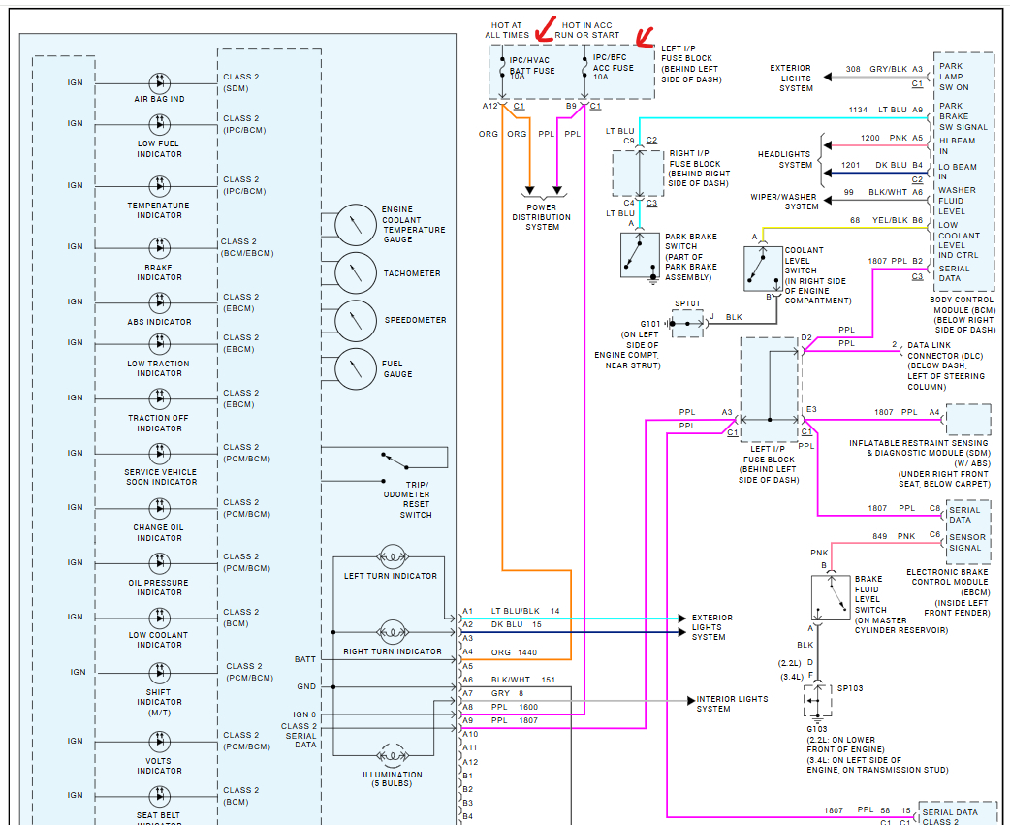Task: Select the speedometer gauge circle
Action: [356, 321]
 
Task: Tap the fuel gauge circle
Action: [356, 369]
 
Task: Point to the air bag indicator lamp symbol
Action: [160, 83]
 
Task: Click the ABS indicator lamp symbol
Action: [160, 302]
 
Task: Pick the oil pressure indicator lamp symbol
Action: [160, 563]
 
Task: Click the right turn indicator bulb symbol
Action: [392, 632]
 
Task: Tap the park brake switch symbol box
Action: [640, 255]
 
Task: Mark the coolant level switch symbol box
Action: [763, 268]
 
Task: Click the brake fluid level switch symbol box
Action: [831, 597]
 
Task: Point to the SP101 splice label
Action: [687, 303]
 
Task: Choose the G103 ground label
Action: [817, 729]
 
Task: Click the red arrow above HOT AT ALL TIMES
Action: [545, 30]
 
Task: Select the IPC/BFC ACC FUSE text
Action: [613, 62]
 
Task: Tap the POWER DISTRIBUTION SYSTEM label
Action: [542, 217]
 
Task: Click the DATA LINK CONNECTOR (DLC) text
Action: [945, 355]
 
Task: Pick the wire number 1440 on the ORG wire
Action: [527, 652]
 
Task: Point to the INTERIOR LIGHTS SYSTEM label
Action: [733, 703]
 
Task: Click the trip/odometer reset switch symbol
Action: [395, 461]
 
